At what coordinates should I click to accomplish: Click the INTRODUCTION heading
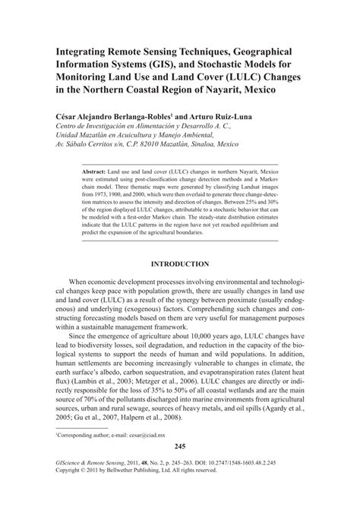(181, 263)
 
